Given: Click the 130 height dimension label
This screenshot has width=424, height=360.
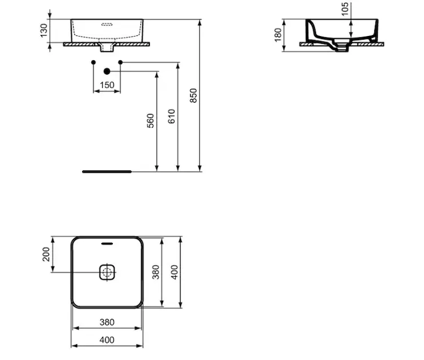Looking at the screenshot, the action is coord(44,30).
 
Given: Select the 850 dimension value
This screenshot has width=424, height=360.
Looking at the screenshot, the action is coord(194,95).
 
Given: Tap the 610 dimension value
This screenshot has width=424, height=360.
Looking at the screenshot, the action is coord(172,116).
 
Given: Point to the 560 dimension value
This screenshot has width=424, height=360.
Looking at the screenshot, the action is coord(151,121).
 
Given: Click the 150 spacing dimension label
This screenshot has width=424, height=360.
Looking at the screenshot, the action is coord(107,85).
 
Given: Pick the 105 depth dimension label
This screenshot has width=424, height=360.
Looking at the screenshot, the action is coord(345,9).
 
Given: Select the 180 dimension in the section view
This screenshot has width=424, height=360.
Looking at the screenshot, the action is coord(278,35).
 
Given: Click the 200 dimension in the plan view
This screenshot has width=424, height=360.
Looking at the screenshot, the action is coord(46,254).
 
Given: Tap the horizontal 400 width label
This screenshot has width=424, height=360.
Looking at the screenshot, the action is coord(107,340).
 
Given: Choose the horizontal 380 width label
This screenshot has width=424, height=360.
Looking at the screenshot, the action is coord(107,322).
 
